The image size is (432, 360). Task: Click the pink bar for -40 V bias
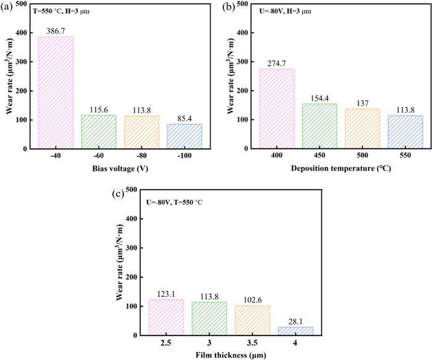coord(56,92)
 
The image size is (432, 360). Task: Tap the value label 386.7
coord(56,31)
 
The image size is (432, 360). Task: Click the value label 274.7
coord(276,63)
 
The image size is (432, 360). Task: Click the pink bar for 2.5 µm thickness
coord(166,317)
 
